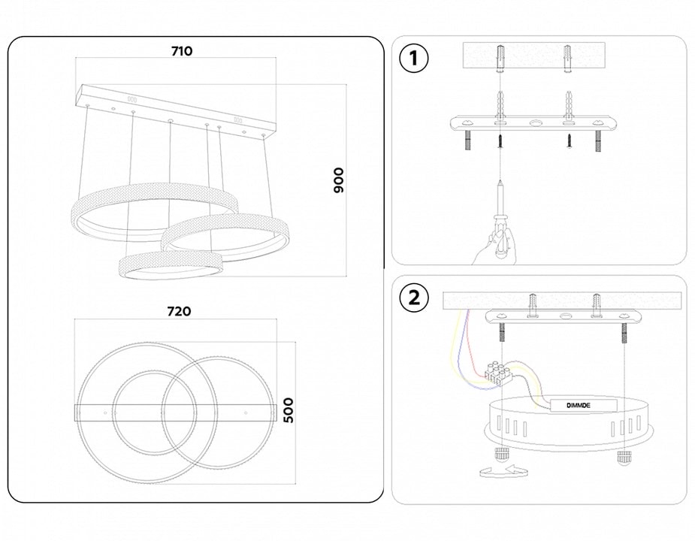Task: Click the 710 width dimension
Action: click(182, 52)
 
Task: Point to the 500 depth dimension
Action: click(287, 410)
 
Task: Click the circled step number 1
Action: click(413, 59)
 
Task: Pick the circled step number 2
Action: click(413, 298)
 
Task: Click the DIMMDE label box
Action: click(583, 406)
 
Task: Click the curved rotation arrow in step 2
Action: click(504, 472)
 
